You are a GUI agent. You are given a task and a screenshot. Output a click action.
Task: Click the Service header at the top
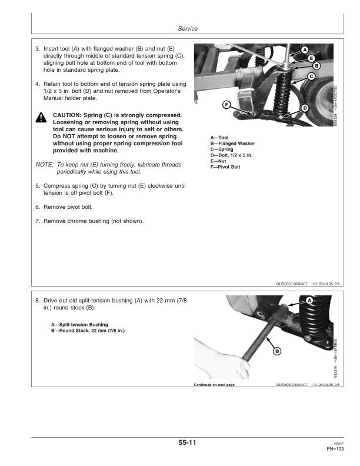(x=187, y=29)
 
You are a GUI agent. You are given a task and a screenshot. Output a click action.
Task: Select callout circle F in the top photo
(x=226, y=105)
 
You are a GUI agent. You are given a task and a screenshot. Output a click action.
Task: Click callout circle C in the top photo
(x=312, y=76)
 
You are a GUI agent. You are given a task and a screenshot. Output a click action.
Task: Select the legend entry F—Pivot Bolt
(x=225, y=167)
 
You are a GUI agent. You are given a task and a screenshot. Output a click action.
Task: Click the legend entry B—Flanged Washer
(x=232, y=143)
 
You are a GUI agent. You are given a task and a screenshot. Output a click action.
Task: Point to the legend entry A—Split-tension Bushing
(x=79, y=324)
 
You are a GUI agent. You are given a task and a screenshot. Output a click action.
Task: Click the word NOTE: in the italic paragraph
(x=45, y=165)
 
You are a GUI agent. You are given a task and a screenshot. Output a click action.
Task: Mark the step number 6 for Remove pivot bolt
(x=38, y=208)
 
